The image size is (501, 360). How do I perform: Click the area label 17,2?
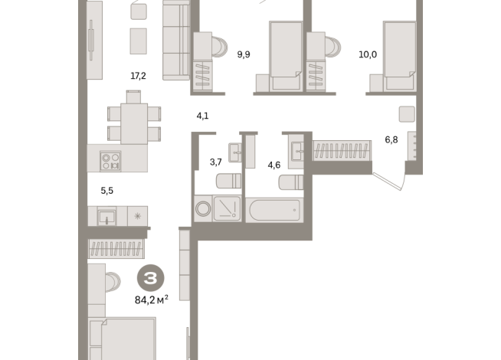pos(138,76)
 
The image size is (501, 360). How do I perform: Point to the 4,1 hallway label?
pos(203,116)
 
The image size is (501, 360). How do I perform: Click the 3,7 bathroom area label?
pos(216,162)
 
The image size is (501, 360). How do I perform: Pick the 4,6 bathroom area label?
pos(273,163)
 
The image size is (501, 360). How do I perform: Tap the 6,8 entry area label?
pos(391,140)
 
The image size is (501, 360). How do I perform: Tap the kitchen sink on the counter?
pos(106,217)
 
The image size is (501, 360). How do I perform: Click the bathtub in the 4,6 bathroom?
pos(274,209)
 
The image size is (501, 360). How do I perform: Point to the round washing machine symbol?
pos(204,209)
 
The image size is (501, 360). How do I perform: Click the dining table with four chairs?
pos(134,119)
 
